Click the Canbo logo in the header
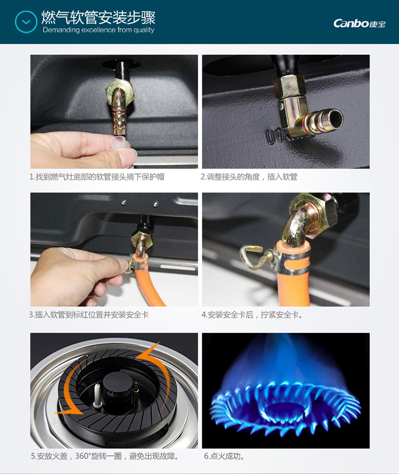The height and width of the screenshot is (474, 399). tap(360, 23)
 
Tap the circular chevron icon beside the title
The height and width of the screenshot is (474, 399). tap(26, 22)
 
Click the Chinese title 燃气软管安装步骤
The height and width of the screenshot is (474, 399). tap(98, 17)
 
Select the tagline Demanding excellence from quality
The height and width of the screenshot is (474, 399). tap(98, 30)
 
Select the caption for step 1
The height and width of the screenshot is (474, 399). tap(97, 177)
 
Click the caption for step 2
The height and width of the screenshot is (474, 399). tap(249, 177)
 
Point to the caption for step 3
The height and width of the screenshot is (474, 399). tap(89, 315)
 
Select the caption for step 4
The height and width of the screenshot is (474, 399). tap(252, 315)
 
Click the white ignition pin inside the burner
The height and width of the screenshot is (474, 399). tap(97, 395)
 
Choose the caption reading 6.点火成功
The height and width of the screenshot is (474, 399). tap(225, 456)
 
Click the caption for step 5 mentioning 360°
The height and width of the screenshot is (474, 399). tap(105, 456)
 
